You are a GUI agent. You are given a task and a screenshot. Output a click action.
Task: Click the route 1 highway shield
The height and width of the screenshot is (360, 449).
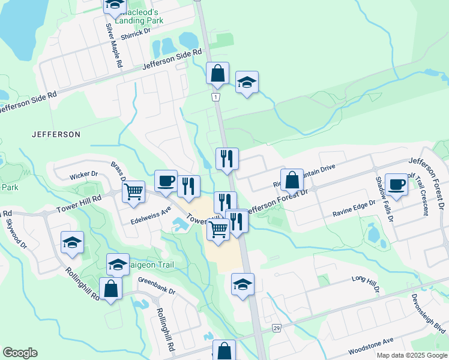[x=215, y=97]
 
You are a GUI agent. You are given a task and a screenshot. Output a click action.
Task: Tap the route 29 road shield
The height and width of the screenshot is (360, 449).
[x=277, y=328]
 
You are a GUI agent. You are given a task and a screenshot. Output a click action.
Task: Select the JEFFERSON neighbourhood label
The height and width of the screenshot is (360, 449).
[x=56, y=134]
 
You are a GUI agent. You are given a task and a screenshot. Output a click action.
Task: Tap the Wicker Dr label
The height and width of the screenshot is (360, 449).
[x=83, y=174]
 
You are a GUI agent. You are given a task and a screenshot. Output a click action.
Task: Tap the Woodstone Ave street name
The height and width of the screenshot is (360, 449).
[x=371, y=346]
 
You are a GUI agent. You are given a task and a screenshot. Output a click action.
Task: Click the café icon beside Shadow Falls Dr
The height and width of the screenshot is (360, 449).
[x=396, y=185]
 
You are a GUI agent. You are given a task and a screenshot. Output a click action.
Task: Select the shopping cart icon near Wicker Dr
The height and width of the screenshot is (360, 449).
[x=134, y=192]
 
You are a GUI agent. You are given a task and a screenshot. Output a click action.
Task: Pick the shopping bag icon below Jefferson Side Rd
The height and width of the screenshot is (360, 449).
[x=217, y=73]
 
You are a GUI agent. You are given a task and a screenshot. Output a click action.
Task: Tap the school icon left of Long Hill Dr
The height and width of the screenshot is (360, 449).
[x=243, y=284]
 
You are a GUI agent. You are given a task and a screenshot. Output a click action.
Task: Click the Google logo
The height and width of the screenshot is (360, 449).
[x=20, y=353]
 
